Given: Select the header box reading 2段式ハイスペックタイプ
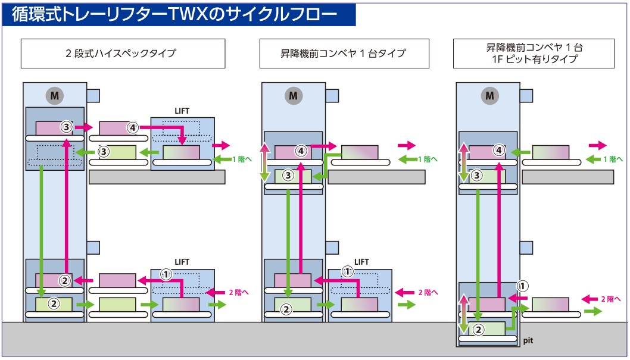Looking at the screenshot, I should coord(123,54).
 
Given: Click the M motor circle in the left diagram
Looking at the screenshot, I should coord(54,95).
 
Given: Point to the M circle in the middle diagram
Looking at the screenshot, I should coord(292,95).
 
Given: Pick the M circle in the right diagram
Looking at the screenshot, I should coord(489,95).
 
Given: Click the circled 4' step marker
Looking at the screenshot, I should coord(133,127).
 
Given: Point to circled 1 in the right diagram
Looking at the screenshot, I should coord(522,286).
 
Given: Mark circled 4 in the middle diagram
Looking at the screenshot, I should coord(301,151).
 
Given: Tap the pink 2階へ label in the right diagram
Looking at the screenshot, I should coord(609,299).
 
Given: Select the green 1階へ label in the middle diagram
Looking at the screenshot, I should coord(428,159).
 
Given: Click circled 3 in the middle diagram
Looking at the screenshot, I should coord(288,176).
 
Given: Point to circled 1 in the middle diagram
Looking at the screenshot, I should coord(348,271).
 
